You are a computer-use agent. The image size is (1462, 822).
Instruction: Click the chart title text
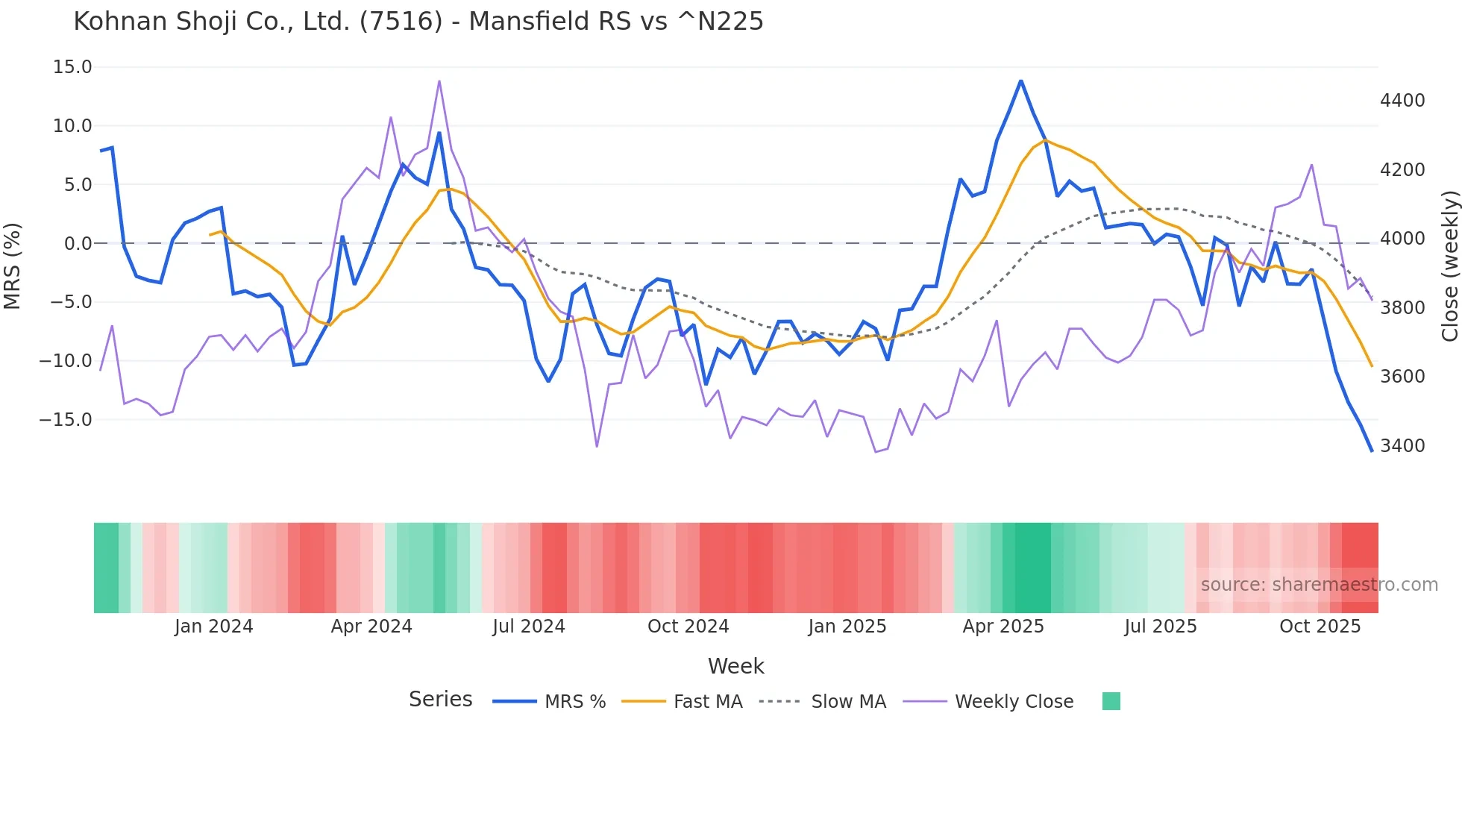tap(418, 22)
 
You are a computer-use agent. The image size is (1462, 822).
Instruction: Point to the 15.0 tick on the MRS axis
tap(72, 67)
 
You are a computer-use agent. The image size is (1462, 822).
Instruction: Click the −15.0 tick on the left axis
tap(66, 420)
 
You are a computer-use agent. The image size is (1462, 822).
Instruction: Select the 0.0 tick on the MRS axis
tap(78, 244)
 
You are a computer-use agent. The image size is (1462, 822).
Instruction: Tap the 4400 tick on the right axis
tap(1402, 101)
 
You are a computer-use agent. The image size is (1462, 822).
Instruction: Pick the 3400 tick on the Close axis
tap(1402, 446)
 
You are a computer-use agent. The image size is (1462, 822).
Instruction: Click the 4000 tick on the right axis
tap(1402, 239)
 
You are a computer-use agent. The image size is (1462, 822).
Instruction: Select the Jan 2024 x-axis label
tap(214, 627)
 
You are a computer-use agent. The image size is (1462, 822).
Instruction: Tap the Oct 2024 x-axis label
tap(688, 627)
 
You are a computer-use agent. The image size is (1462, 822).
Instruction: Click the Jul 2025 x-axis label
tap(1161, 627)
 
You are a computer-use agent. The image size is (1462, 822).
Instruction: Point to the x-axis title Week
tap(735, 666)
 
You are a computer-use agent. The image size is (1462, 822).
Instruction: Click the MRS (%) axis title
tap(13, 266)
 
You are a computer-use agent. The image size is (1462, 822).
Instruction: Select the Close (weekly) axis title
tap(1450, 266)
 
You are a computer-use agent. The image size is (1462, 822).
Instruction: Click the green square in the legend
tap(1111, 701)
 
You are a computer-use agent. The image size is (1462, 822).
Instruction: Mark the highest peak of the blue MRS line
tap(1020, 81)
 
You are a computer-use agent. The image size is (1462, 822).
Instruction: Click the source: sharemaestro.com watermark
tap(1319, 585)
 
